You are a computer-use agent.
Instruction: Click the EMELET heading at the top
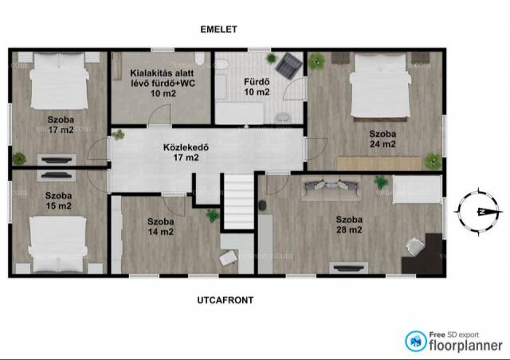click(x=218, y=29)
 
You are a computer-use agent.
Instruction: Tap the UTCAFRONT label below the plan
click(x=225, y=299)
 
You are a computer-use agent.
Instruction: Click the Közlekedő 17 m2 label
click(x=186, y=152)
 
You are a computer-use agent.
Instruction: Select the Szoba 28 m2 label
click(x=349, y=225)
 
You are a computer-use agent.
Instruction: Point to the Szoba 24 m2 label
click(x=382, y=139)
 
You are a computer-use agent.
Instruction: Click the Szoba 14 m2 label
click(x=160, y=227)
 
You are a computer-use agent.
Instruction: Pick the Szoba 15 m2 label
click(x=58, y=201)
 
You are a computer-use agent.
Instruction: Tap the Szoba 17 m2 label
click(x=61, y=124)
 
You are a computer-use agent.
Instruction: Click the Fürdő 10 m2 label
click(x=257, y=87)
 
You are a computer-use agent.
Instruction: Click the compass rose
click(x=478, y=212)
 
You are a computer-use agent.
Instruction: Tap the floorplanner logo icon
click(x=416, y=341)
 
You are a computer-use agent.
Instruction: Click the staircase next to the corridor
click(x=238, y=202)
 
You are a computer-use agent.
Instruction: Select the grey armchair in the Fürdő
click(x=288, y=65)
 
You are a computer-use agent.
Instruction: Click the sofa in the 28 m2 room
click(x=331, y=188)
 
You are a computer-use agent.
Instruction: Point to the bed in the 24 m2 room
click(x=380, y=87)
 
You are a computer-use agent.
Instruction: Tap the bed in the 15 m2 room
click(x=58, y=245)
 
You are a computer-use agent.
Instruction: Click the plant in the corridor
click(x=119, y=135)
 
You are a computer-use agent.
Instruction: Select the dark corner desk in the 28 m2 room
click(x=423, y=253)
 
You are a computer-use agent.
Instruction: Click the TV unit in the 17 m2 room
click(x=57, y=160)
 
